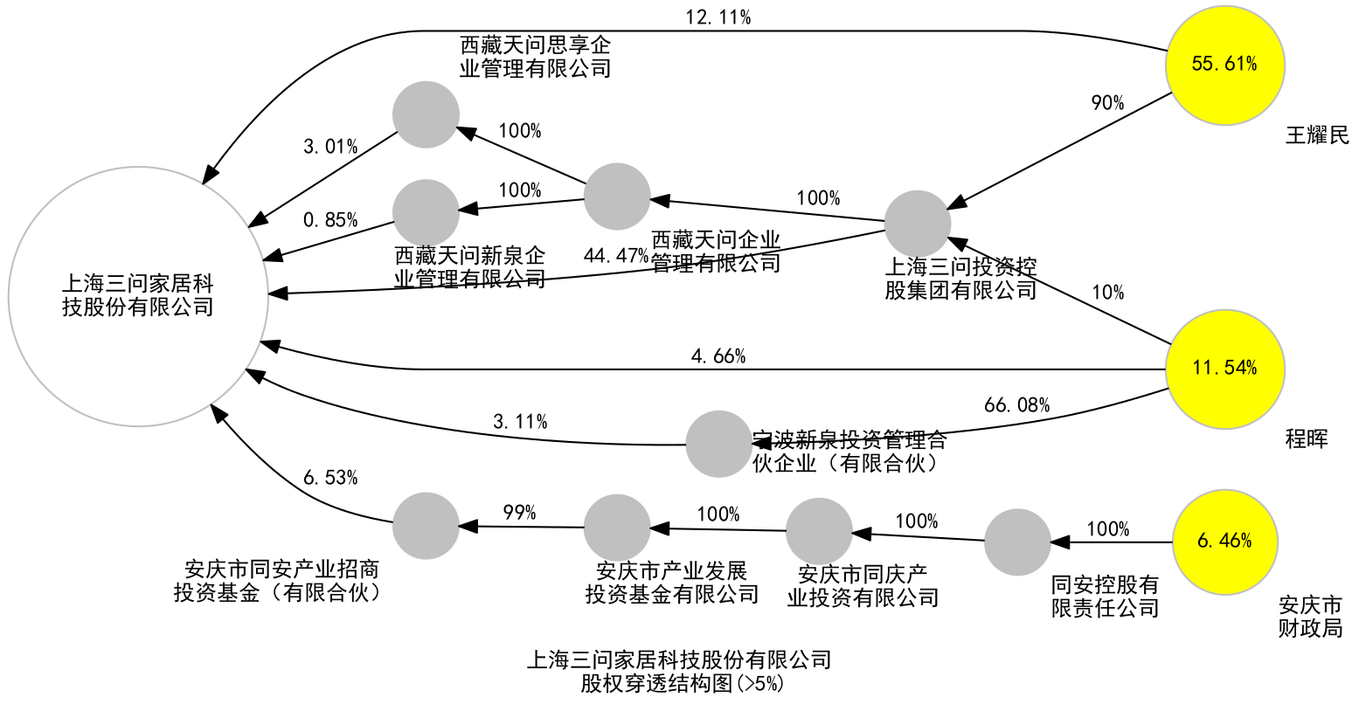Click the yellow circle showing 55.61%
click(x=1225, y=66)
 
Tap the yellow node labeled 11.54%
click(x=1225, y=369)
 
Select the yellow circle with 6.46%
click(x=1225, y=542)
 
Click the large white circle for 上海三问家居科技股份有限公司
click(x=138, y=296)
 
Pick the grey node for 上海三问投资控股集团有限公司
click(x=918, y=224)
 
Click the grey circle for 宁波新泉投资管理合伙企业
click(x=718, y=444)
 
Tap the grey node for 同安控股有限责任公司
click(x=1017, y=542)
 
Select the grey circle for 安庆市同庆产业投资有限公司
click(x=819, y=531)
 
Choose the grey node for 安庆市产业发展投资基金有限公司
click(x=617, y=528)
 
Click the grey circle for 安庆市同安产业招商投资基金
click(x=426, y=526)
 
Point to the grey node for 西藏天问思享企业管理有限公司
click(x=426, y=115)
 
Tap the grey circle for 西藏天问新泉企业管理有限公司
click(x=426, y=212)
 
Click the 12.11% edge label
click(x=719, y=17)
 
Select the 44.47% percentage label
click(x=616, y=256)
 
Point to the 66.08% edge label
click(x=1016, y=405)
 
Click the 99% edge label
click(x=519, y=513)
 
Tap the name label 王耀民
click(x=1317, y=135)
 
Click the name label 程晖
click(x=1307, y=438)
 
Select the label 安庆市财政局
click(x=1310, y=617)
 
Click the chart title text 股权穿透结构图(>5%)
click(x=683, y=684)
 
